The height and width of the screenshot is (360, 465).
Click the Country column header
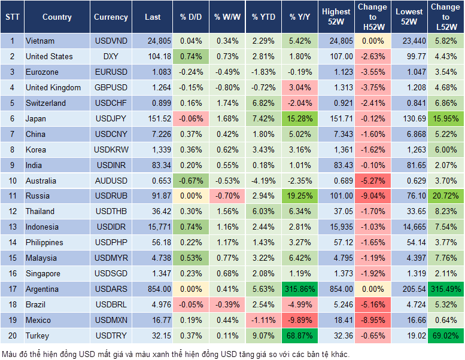pos(57,17)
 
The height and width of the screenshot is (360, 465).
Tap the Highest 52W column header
pos(336,17)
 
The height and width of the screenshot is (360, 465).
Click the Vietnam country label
pos(40,41)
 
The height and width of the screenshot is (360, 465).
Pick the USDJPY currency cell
pos(111,119)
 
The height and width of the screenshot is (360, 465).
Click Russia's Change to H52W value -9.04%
pos(373,196)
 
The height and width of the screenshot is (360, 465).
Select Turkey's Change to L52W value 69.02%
pos(446,335)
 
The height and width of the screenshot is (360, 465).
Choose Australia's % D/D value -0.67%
pos(191,181)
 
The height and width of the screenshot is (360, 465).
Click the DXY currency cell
pos(111,57)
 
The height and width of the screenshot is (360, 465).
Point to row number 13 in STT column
pos(11,227)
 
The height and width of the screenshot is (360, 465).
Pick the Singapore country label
pos(43,273)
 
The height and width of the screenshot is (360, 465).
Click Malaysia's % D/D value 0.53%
pos(191,258)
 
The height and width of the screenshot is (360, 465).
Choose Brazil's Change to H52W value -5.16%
pos(373,304)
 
